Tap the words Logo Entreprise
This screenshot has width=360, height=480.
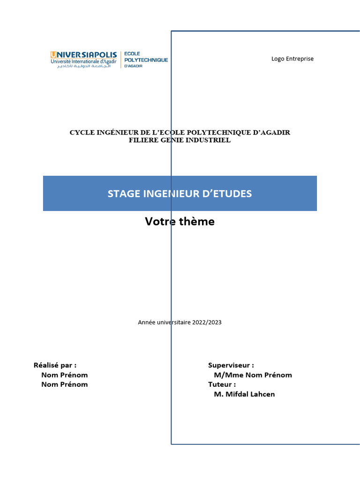click(292, 59)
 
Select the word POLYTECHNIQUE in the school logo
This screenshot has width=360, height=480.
click(146, 60)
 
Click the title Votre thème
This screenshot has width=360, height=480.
click(180, 222)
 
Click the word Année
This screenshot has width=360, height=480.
click(147, 322)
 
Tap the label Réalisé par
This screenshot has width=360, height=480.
click(55, 365)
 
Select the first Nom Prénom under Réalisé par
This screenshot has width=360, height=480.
click(64, 375)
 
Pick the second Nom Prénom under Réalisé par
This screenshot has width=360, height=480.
click(64, 384)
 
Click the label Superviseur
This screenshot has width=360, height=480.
click(231, 365)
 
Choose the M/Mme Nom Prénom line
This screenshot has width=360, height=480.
click(253, 375)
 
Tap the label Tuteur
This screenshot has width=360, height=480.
click(222, 384)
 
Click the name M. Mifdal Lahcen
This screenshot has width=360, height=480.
click(244, 394)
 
